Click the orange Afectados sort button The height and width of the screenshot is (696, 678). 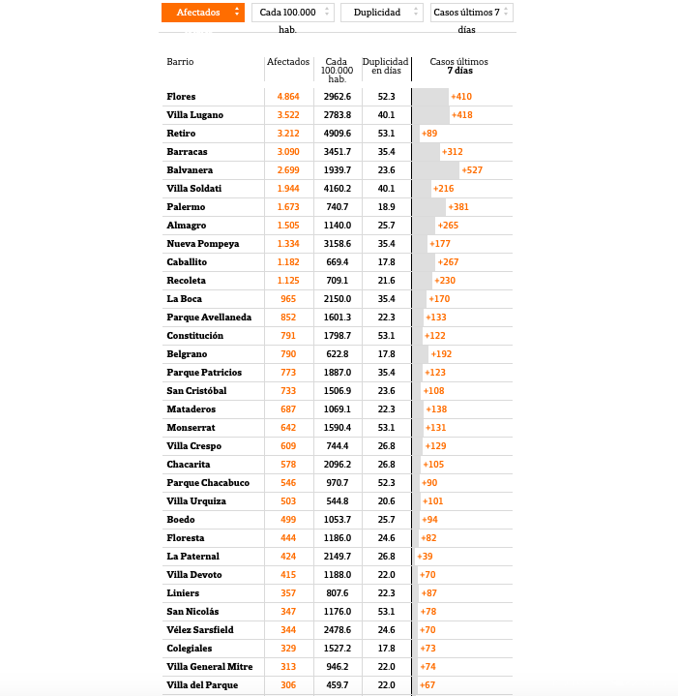tap(202, 13)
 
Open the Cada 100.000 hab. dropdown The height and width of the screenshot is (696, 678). tap(292, 13)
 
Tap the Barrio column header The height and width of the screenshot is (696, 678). tap(180, 62)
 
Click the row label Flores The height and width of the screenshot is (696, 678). tap(181, 97)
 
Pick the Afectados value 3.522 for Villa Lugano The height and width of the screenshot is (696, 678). tap(288, 115)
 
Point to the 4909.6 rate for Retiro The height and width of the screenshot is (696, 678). tap(338, 134)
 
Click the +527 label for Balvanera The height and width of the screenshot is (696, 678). tap(473, 170)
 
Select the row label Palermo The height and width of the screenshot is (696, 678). tap(186, 207)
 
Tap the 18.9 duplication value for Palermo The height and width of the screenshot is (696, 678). tap(386, 207)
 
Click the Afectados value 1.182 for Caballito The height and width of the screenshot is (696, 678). tap(288, 262)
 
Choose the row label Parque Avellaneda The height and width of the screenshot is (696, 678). tap(209, 318)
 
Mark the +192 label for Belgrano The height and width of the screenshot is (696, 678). tap(441, 354)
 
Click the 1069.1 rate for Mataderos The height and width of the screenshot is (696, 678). tap(338, 409)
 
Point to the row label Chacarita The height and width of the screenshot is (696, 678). tap(189, 465)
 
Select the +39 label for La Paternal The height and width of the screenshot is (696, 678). tap(425, 557)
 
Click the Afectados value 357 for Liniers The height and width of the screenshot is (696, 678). tap(288, 593)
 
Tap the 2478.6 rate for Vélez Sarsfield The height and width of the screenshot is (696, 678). tap(338, 630)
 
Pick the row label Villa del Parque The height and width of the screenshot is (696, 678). tap(203, 685)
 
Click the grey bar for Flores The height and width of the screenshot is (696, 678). tap(430, 97)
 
